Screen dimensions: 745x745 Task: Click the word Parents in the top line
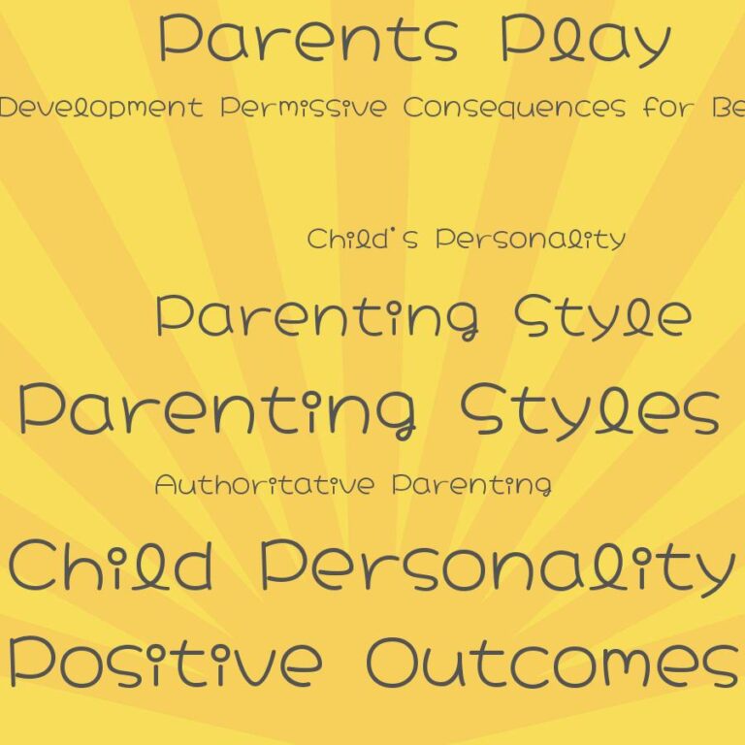point(308,39)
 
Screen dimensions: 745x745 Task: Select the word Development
point(101,108)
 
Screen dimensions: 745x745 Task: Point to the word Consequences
point(514,108)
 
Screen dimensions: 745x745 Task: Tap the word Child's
point(363,239)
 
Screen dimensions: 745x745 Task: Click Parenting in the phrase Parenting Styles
point(218,409)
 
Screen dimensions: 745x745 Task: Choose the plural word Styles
point(590,409)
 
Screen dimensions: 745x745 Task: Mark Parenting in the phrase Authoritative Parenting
point(471,485)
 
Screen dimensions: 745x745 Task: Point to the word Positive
point(165,663)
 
